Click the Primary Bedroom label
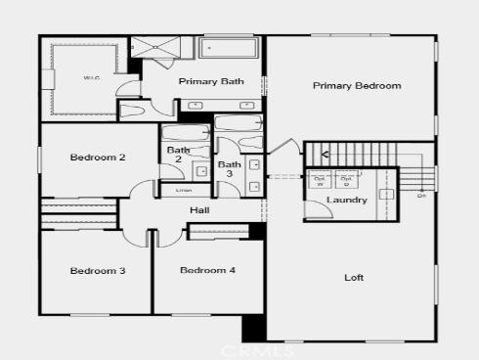[x=357, y=86]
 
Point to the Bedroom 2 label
[x=96, y=157]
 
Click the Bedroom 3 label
[x=96, y=270]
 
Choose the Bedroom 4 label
[x=207, y=270]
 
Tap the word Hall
[x=199, y=209]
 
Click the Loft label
[x=354, y=277]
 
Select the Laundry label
[x=348, y=201]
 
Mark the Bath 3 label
[x=229, y=170]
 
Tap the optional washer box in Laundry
[x=320, y=180]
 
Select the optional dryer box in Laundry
[x=345, y=180]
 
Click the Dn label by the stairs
[x=421, y=196]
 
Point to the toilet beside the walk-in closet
[x=131, y=110]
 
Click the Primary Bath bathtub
[x=229, y=49]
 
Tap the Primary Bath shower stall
[x=163, y=48]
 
